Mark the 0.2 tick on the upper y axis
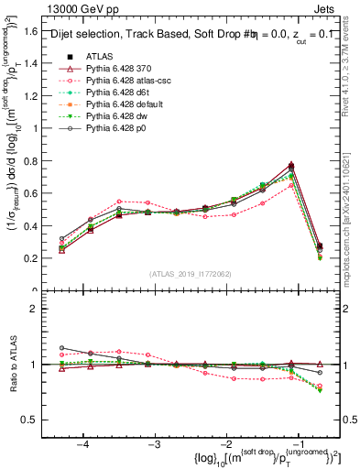(37, 258)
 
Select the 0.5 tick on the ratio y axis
(37, 420)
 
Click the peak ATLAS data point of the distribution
(290, 166)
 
